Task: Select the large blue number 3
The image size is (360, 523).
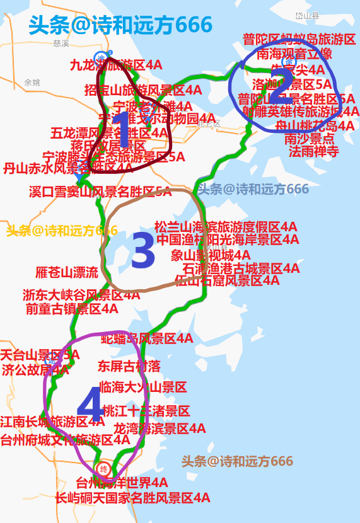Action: tap(142, 251)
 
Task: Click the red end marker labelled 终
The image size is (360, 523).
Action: tap(104, 469)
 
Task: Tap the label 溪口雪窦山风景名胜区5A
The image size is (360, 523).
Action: tap(100, 192)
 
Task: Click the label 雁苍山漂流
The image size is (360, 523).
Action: tap(67, 272)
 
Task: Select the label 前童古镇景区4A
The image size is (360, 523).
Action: tap(72, 308)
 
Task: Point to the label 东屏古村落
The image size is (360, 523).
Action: tap(129, 365)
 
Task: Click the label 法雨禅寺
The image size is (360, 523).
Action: tap(314, 151)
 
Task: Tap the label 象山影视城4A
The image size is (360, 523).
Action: tap(202, 255)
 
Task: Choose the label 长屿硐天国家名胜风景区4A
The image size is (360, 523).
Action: tap(132, 498)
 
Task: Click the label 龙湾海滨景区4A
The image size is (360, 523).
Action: tap(160, 428)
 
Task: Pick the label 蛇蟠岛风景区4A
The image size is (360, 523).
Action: tap(147, 338)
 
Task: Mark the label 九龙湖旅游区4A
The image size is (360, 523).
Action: tap(117, 64)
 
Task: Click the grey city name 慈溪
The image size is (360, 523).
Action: tap(61, 43)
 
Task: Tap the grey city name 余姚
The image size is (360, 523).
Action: tap(32, 83)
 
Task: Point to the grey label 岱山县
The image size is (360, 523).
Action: tap(308, 15)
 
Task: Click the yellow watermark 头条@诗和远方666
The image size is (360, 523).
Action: tap(62, 230)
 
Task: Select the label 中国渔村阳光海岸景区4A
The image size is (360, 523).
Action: tap(219, 239)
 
